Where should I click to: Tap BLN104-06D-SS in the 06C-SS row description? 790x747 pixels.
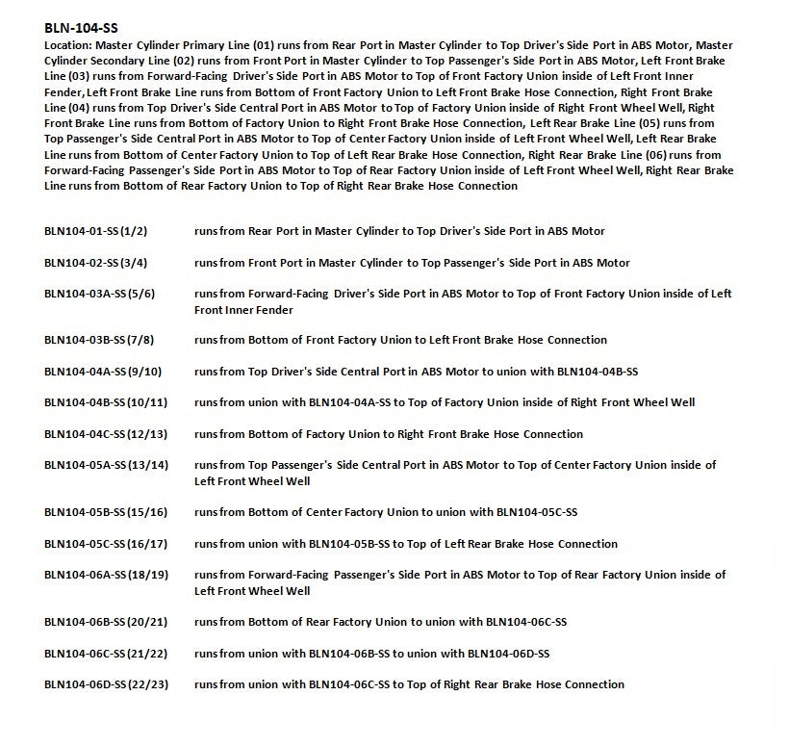click(x=508, y=654)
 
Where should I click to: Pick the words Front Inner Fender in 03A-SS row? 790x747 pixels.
click(x=243, y=310)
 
